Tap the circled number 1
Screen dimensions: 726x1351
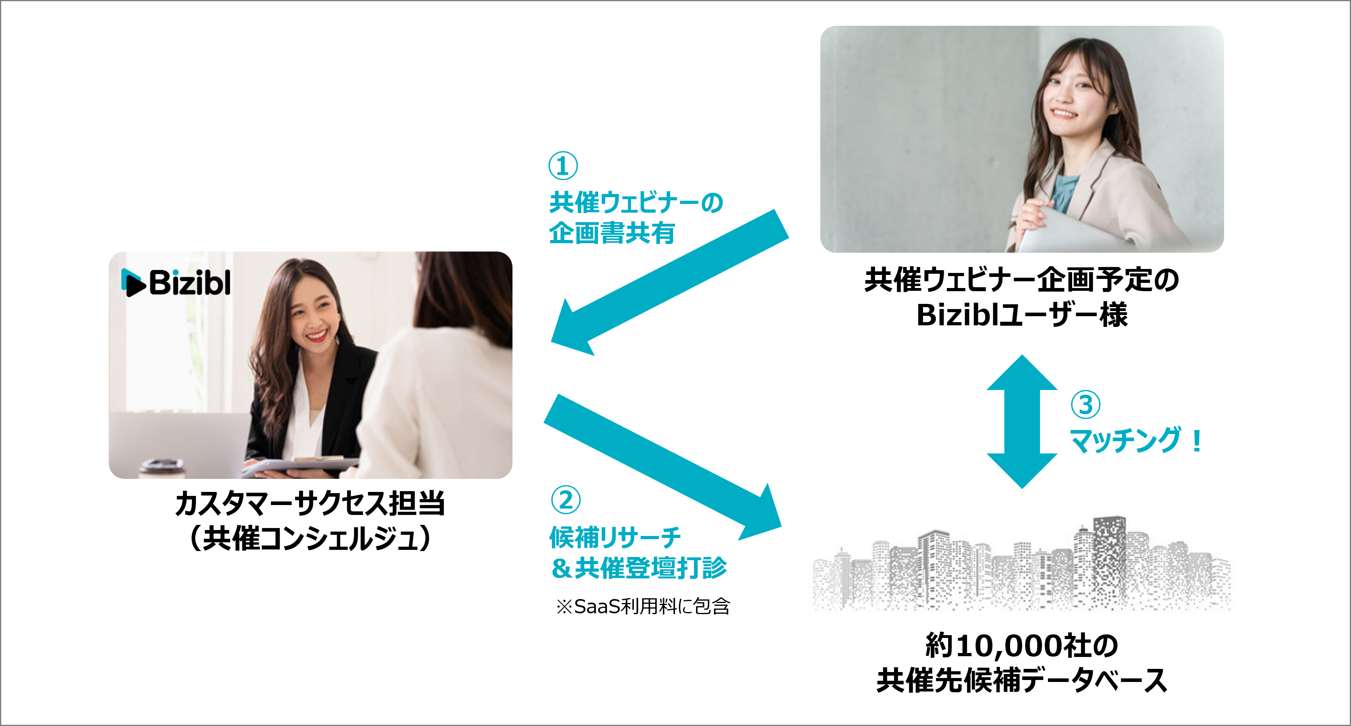563,166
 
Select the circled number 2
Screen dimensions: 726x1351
565,500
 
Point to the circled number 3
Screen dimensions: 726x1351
1085,404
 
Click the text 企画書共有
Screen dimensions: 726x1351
612,232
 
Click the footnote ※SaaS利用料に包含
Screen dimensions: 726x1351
643,607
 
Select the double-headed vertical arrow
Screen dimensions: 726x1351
1022,421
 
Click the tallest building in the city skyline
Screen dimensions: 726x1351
1108,556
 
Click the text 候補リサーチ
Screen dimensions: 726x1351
615,537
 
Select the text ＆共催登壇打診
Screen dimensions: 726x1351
639,568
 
